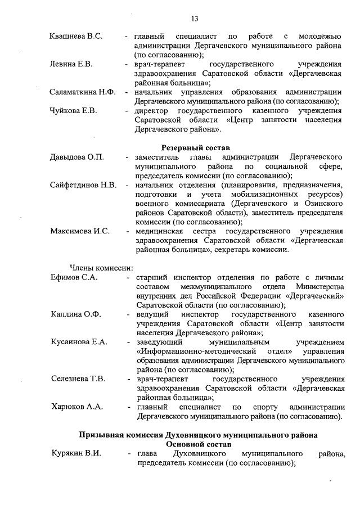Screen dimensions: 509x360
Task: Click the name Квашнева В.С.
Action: (76, 37)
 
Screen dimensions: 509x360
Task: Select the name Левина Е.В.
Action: (71, 64)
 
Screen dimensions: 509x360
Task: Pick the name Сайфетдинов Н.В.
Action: (83, 184)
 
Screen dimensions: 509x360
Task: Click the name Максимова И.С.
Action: (79, 231)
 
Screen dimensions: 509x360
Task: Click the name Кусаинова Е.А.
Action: (78, 341)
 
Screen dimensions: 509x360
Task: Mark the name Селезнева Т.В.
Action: (78, 379)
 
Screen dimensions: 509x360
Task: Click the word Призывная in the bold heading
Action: (100, 434)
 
